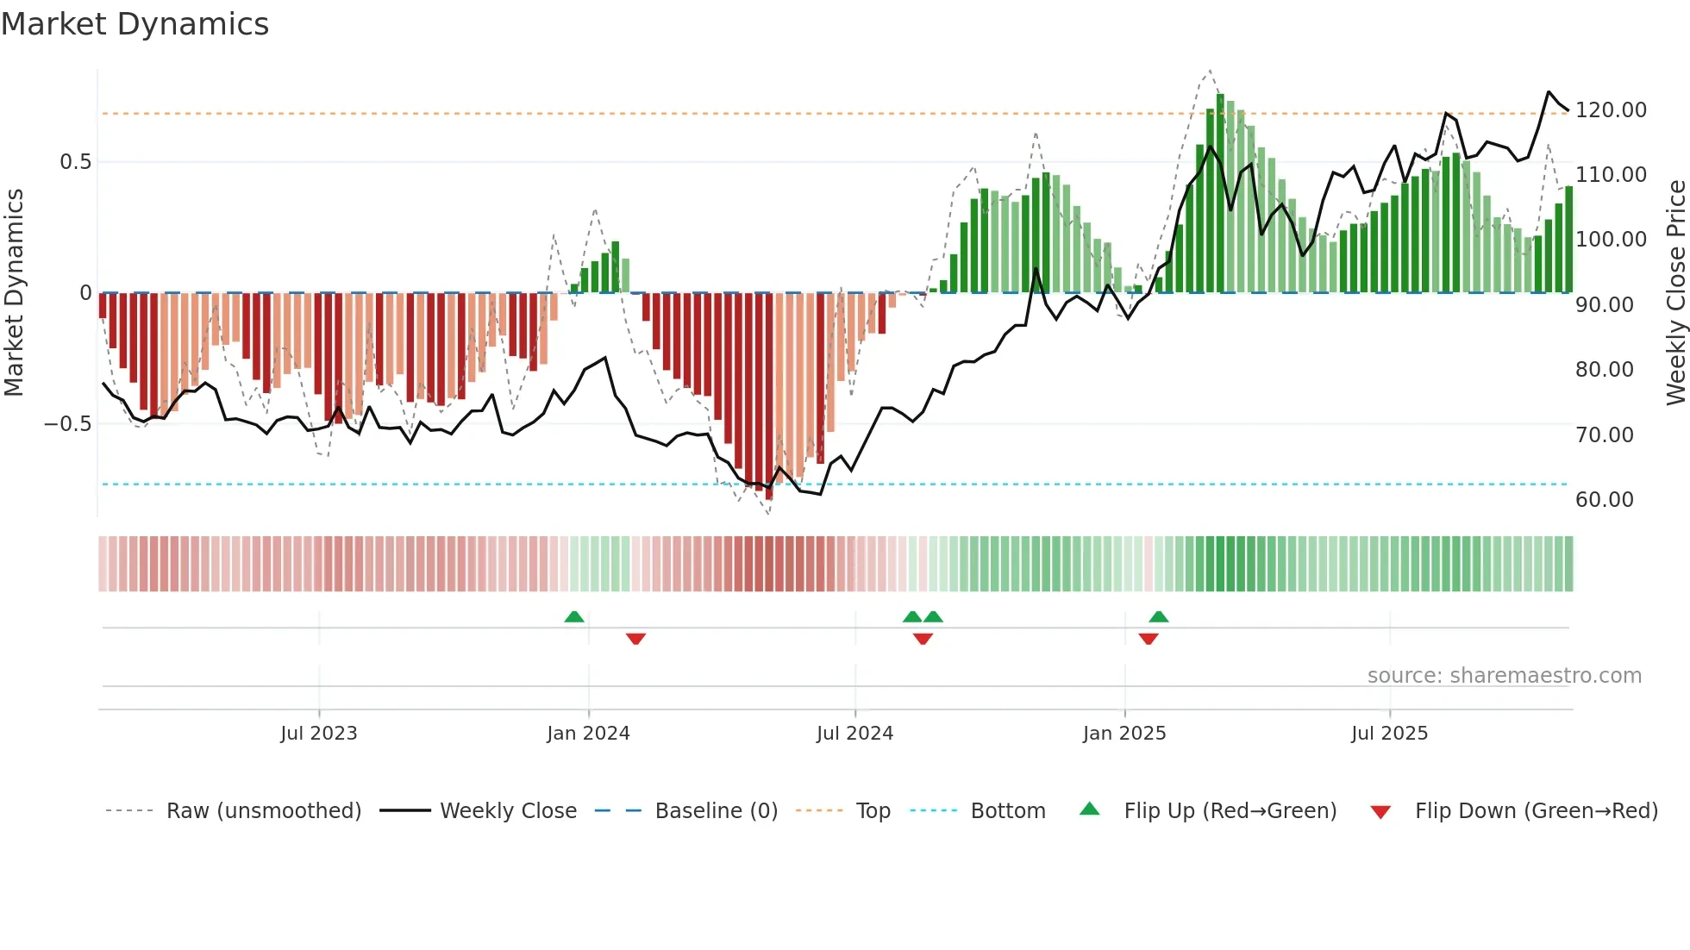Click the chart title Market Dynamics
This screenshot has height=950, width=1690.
click(x=135, y=24)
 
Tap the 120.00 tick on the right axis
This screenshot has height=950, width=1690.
click(x=1610, y=110)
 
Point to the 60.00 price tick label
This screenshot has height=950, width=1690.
click(x=1604, y=500)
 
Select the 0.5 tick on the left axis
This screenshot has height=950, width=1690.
click(x=76, y=162)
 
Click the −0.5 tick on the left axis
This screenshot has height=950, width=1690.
click(x=68, y=424)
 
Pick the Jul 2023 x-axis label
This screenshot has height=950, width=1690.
click(x=318, y=734)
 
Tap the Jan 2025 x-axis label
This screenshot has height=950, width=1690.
click(x=1124, y=734)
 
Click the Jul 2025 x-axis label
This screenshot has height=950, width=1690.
click(x=1389, y=734)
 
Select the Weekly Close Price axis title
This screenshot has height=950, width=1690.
click(x=1675, y=293)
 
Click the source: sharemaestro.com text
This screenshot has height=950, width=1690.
click(x=1504, y=676)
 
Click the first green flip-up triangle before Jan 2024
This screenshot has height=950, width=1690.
click(x=574, y=616)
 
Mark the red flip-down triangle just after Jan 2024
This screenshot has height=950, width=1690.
click(x=635, y=639)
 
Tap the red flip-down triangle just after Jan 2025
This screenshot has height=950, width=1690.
click(x=1148, y=639)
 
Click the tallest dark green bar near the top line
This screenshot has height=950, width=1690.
click(x=1220, y=190)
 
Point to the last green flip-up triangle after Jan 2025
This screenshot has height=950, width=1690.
click(x=1159, y=616)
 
